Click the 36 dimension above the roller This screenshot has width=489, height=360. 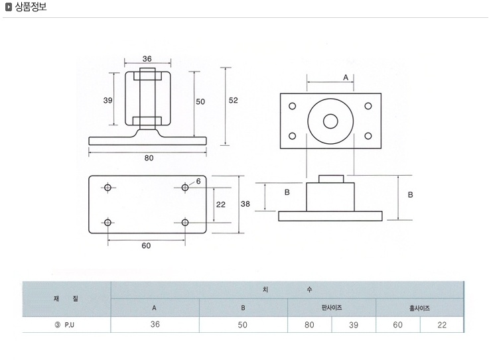click(x=147, y=58)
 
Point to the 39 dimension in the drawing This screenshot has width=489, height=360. click(x=107, y=100)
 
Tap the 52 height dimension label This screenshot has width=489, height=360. click(x=234, y=100)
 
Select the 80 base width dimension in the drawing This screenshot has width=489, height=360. click(x=149, y=158)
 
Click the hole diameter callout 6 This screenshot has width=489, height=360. click(x=198, y=182)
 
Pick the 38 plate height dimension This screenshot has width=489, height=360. click(x=245, y=204)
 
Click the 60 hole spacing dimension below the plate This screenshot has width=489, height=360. click(x=146, y=245)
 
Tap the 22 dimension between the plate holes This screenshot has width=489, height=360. click(x=220, y=204)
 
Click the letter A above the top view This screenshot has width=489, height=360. click(x=346, y=78)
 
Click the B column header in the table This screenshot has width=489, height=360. click(x=243, y=308)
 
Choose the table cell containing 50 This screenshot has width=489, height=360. click(x=243, y=325)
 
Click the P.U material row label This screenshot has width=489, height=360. click(x=65, y=325)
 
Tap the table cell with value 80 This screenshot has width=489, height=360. click(x=309, y=325)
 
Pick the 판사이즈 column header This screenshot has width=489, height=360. click(x=332, y=308)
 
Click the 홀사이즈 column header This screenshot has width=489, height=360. click(x=419, y=308)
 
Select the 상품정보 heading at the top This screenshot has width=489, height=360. click(x=31, y=7)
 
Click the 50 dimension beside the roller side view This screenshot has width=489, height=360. click(x=200, y=101)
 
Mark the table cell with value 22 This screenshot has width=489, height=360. click(x=442, y=325)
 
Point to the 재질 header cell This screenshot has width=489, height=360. click(x=66, y=298)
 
